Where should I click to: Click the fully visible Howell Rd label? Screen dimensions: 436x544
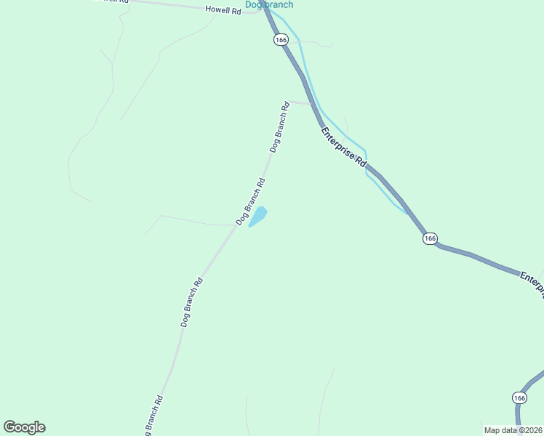click(x=223, y=10)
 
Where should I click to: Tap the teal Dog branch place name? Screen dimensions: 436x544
click(x=269, y=4)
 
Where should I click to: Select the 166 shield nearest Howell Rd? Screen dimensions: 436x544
click(x=281, y=40)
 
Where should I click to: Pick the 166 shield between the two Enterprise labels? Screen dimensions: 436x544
click(x=430, y=238)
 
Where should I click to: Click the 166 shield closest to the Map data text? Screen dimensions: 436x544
click(x=519, y=397)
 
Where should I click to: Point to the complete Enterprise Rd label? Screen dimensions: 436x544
click(x=343, y=148)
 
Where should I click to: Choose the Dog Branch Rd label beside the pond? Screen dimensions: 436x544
click(x=251, y=201)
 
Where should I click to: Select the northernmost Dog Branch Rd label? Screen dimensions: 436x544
click(x=280, y=126)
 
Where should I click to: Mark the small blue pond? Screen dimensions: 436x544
click(x=258, y=217)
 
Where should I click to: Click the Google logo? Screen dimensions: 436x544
click(x=24, y=427)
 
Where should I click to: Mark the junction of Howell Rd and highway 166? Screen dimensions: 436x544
click(x=263, y=11)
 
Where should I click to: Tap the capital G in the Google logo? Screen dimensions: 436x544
click(x=9, y=427)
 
